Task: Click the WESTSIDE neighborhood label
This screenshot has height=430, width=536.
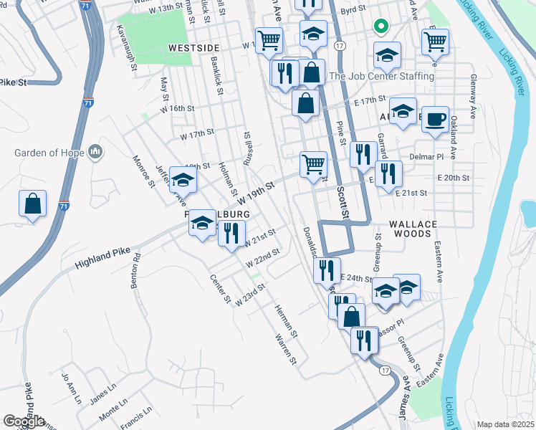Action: tap(193, 47)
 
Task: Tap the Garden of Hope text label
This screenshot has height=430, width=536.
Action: tap(48, 153)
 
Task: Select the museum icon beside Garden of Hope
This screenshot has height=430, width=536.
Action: tap(95, 152)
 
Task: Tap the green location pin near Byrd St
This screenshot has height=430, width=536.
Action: tap(381, 28)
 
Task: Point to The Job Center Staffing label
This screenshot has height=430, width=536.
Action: tap(381, 76)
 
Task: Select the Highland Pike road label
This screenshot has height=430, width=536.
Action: tap(102, 255)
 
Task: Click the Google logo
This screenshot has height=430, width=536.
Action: tap(24, 422)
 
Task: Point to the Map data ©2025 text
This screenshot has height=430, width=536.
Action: tap(505, 424)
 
